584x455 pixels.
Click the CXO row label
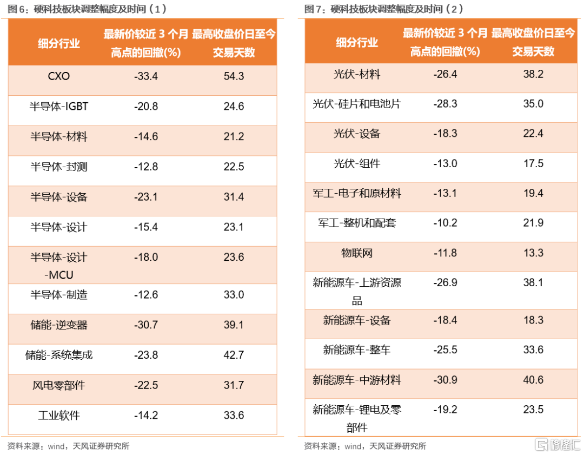[59, 76]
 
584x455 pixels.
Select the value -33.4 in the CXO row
[146, 76]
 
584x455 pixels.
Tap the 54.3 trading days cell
[234, 76]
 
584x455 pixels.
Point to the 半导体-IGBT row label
[59, 107]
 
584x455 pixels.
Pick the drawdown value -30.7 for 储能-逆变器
[146, 325]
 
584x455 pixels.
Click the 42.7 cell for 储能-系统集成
[234, 355]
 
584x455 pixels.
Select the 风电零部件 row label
[59, 385]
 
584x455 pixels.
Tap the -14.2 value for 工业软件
[146, 416]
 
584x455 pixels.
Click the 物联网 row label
[357, 253]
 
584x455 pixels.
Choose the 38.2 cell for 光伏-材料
[533, 74]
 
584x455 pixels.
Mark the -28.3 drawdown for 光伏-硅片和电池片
[446, 104]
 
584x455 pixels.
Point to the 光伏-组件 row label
[357, 163]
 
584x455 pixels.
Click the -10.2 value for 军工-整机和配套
[446, 223]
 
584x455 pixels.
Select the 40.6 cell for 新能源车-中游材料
[533, 380]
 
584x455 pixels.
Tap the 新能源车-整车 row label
[357, 350]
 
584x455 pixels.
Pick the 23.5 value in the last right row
[533, 410]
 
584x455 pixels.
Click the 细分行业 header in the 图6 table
[59, 43]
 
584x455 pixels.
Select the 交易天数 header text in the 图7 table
[533, 51]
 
